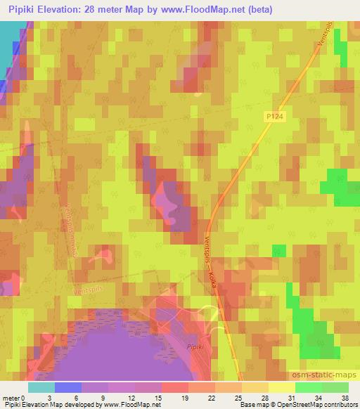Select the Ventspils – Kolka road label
214,259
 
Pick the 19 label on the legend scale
165,398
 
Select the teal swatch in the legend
41,387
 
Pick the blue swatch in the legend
68,387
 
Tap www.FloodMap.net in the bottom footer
128,405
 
